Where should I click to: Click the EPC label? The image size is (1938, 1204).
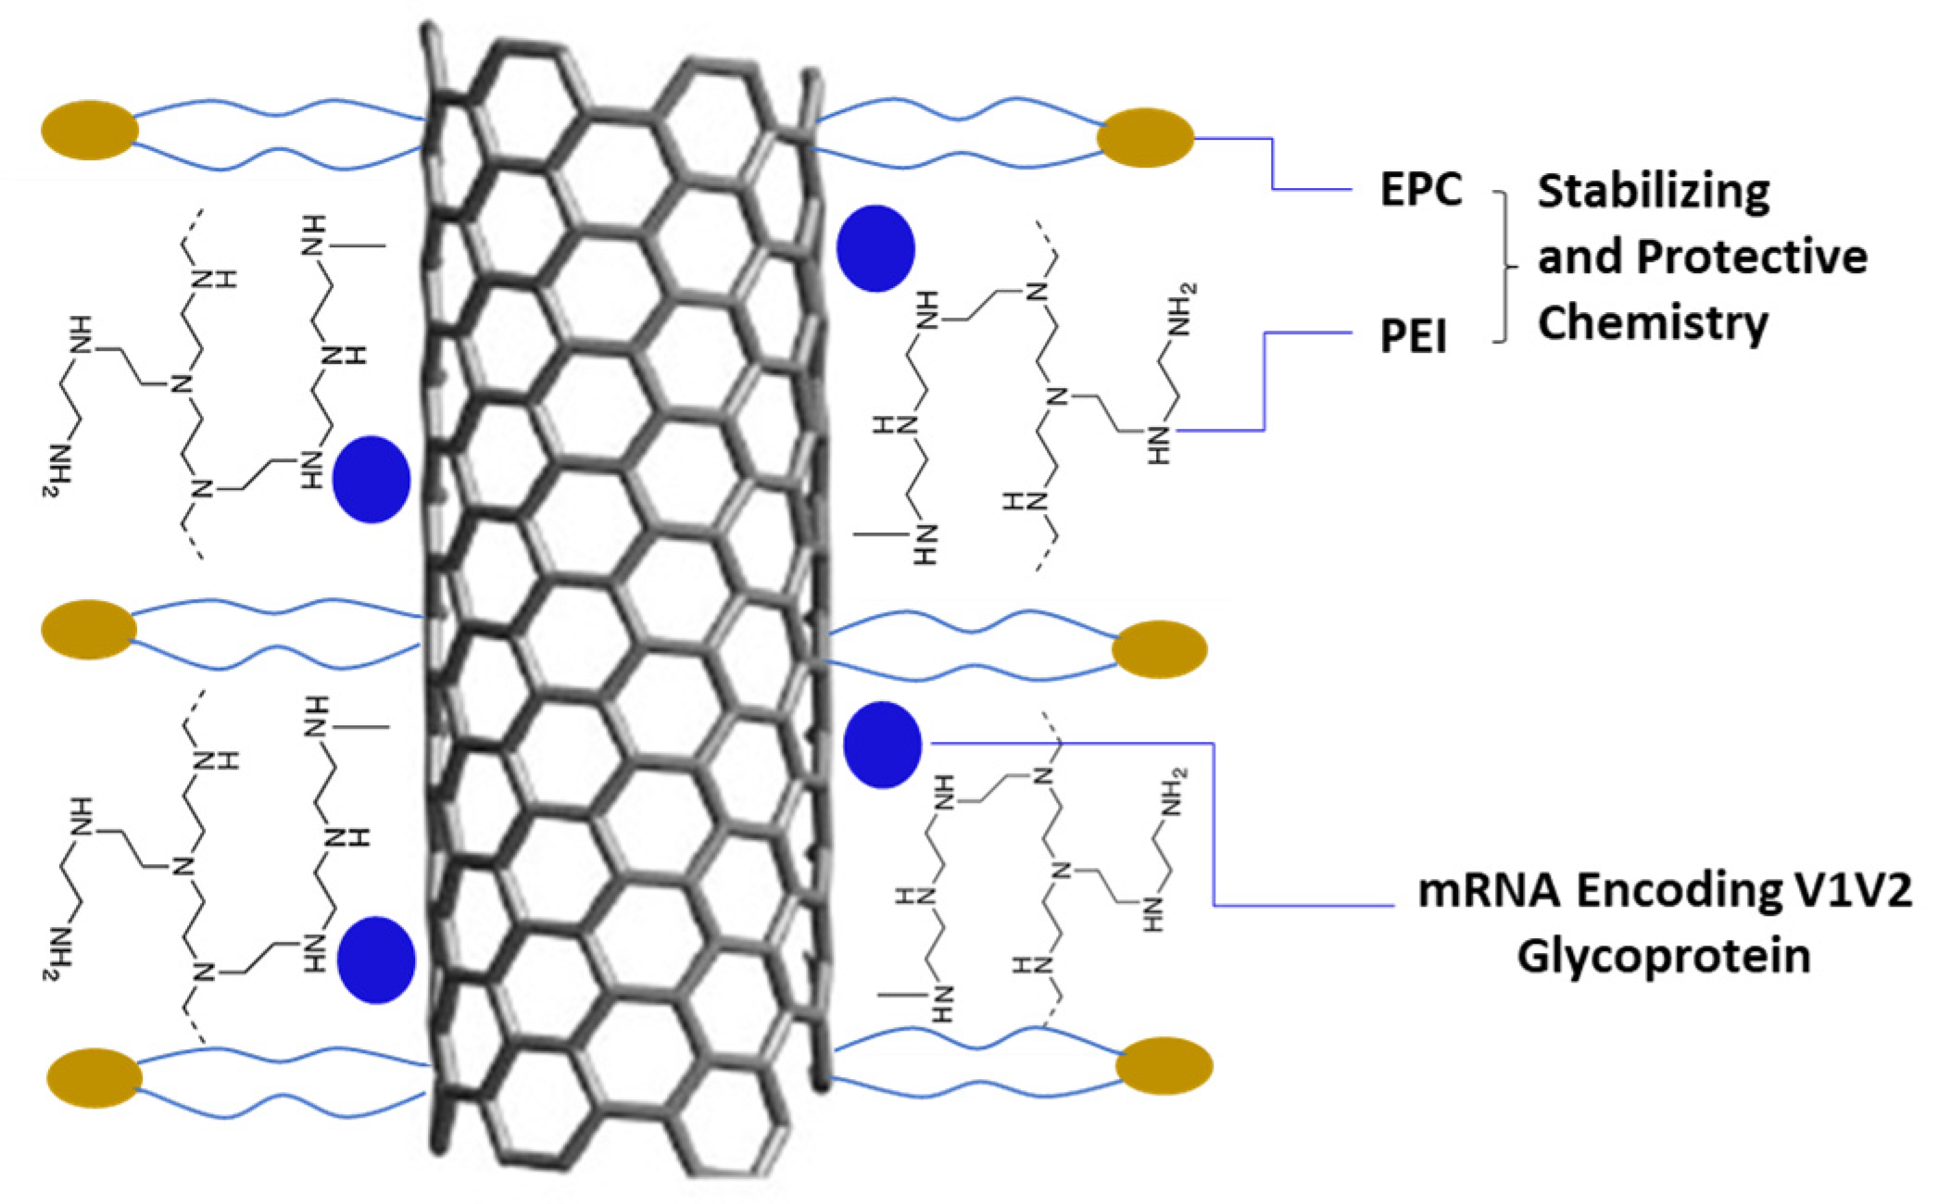(x=1420, y=190)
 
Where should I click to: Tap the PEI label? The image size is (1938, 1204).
(x=1413, y=335)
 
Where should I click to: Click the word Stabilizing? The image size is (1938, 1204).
(x=1654, y=192)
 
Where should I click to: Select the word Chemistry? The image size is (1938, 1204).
(x=1654, y=323)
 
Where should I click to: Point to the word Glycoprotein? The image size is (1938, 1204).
(x=1663, y=956)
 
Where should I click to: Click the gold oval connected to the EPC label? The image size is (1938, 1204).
(x=1145, y=138)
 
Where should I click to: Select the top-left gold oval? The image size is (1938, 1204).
(x=90, y=130)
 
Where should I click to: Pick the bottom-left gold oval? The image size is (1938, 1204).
(x=94, y=1077)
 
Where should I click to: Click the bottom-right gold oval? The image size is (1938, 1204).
(x=1164, y=1066)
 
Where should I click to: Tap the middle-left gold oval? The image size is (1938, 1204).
(x=89, y=629)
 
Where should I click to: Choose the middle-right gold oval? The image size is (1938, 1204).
(x=1159, y=649)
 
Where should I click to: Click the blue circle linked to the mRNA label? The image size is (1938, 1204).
(x=883, y=745)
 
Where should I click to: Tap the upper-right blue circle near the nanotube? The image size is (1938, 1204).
(x=875, y=248)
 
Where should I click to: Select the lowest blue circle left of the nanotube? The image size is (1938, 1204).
(x=375, y=959)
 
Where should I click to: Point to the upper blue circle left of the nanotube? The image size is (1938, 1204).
(x=371, y=480)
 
